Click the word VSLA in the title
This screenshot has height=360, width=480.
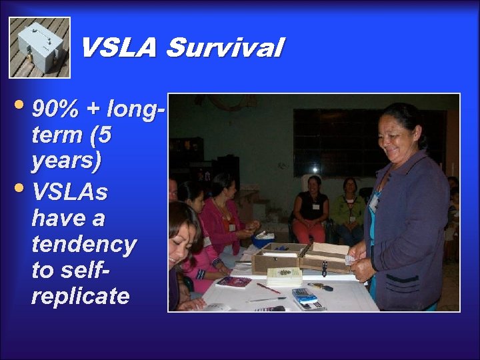tap(118, 48)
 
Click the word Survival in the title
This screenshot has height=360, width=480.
tap(225, 48)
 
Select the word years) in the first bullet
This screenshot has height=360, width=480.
tap(66, 161)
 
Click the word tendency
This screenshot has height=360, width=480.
tap(83, 244)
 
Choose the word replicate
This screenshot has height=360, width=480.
tap(80, 295)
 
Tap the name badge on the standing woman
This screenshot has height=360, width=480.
tap(375, 199)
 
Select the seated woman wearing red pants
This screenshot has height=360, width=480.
tap(310, 210)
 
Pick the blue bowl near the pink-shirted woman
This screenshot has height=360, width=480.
tap(263, 239)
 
